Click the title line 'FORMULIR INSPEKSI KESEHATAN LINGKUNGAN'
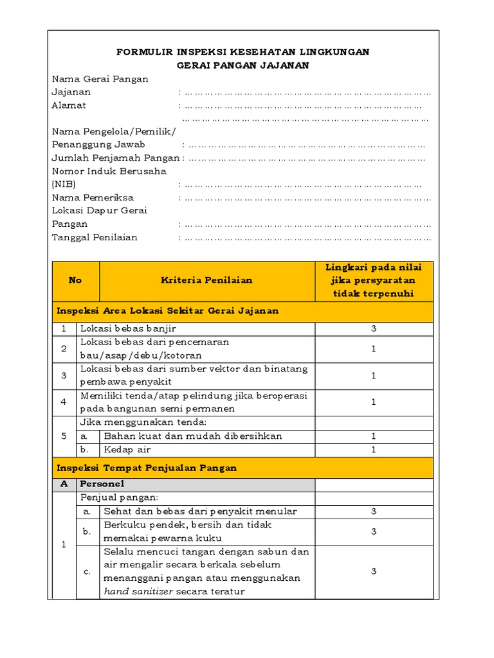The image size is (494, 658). tap(242, 52)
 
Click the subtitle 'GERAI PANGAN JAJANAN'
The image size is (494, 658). tap(243, 65)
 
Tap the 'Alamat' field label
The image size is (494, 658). tap(69, 105)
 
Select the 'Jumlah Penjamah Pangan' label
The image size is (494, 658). tap(116, 158)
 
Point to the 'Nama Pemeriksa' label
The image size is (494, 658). tap(93, 197)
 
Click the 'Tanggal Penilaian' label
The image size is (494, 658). tap(95, 237)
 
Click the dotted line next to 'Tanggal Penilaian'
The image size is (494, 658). tap(307, 238)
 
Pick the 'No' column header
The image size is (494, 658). tap(75, 280)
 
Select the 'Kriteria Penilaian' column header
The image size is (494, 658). tap(206, 280)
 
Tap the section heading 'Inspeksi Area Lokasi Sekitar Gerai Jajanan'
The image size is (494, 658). tap(168, 311)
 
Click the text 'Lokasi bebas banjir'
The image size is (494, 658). tap(128, 329)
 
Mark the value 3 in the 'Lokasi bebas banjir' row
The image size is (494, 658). tap(374, 329)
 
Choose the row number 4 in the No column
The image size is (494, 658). tap(64, 402)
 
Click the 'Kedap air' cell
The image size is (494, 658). tap(127, 450)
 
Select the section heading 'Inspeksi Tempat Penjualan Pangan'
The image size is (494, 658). tap(147, 468)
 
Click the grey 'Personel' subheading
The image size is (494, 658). tap(102, 484)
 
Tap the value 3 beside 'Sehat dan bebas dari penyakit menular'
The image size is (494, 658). tap(374, 511)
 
